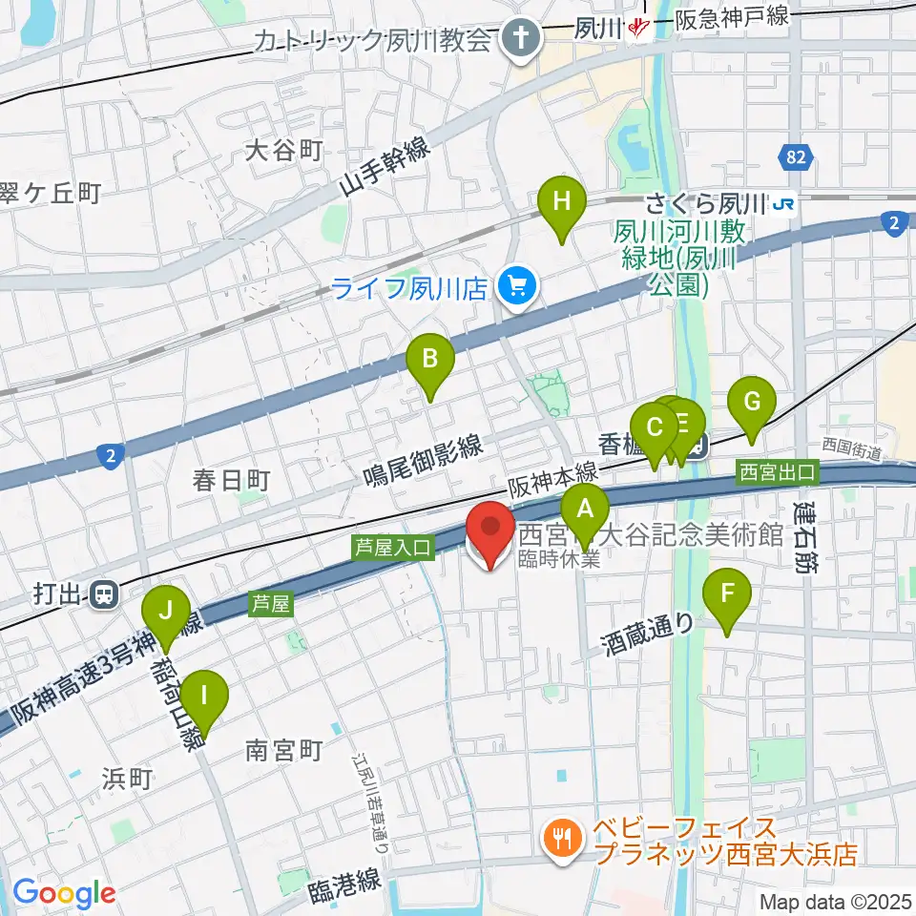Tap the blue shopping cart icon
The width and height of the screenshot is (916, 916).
pyautogui.click(x=518, y=284)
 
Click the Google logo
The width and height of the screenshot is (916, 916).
pyautogui.click(x=64, y=894)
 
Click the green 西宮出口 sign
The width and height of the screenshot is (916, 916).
pyautogui.click(x=778, y=471)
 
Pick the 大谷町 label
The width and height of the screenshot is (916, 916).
pyautogui.click(x=284, y=150)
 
